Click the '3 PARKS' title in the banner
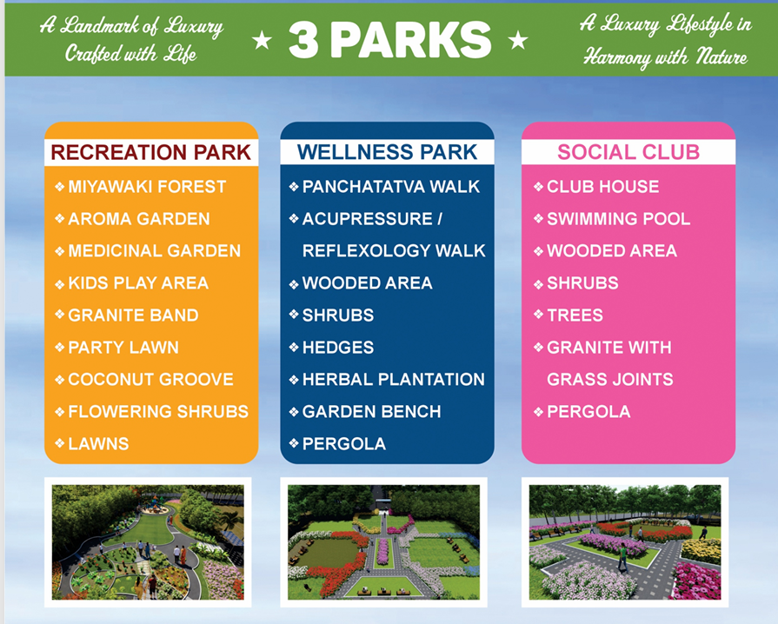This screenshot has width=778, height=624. tap(389, 40)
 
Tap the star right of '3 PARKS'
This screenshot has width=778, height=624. tap(517, 40)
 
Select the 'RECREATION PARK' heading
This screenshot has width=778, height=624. tap(151, 153)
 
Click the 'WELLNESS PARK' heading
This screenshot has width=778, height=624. tap(387, 153)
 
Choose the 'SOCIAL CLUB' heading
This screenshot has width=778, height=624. tap(628, 153)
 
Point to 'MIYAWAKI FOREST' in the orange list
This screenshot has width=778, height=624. tap(146, 187)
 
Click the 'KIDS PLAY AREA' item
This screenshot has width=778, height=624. tap(137, 283)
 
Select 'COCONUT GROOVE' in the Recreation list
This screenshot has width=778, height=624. tap(150, 380)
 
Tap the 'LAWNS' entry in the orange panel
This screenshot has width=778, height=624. tap(98, 444)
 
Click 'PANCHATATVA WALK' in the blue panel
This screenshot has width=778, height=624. tap(390, 187)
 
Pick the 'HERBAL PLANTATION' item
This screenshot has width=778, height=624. tap(393, 380)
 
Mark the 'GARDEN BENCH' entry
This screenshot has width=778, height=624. tap(371, 412)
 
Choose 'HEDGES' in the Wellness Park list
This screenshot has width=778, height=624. tap(337, 348)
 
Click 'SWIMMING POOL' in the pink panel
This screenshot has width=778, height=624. tap(618, 219)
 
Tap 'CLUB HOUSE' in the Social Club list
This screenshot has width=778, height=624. tap(602, 187)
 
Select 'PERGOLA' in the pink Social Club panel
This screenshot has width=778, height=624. tap(588, 412)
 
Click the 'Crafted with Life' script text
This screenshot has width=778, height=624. tap(131, 54)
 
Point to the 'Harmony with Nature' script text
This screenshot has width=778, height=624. tap(666, 57)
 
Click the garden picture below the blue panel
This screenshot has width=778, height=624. tap(387, 541)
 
